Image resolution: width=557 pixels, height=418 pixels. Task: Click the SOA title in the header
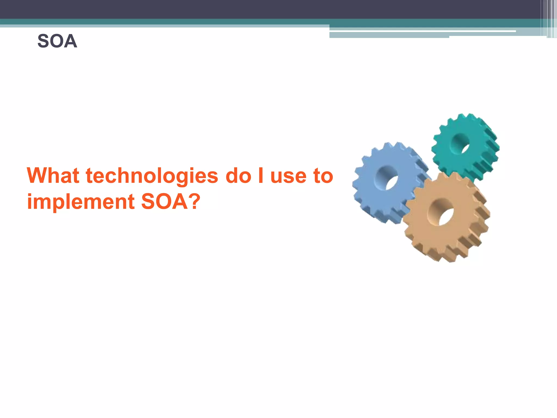pyautogui.click(x=57, y=41)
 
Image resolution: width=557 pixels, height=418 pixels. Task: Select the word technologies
pyautogui.click(x=152, y=176)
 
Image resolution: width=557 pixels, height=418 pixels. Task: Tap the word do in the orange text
pyautogui.click(x=238, y=176)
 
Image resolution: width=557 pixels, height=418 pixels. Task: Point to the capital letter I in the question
pyautogui.click(x=261, y=176)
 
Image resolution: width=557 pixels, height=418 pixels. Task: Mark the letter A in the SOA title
pyautogui.click(x=71, y=41)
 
